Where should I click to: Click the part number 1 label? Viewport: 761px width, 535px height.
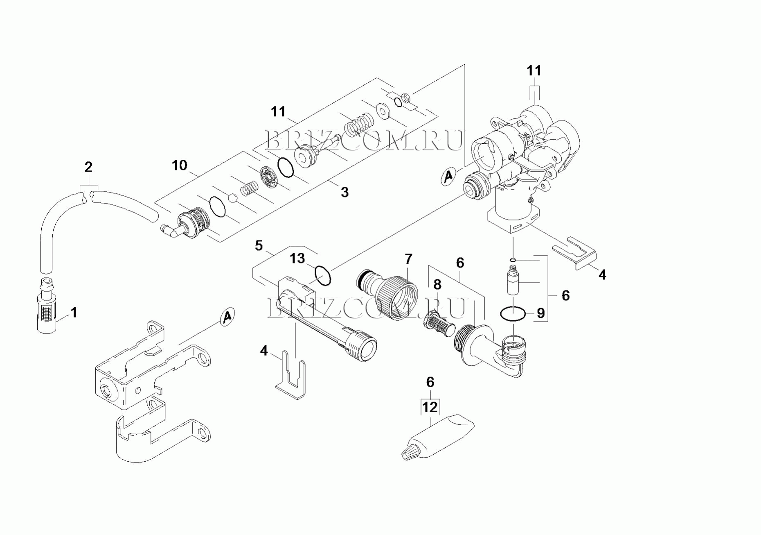74,313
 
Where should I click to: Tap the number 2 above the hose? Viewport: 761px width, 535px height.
88,167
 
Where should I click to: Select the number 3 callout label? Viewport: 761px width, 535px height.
345,192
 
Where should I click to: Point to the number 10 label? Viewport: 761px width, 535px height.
180,165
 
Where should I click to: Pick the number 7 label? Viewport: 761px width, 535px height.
408,259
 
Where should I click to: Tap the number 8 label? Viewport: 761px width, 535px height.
437,284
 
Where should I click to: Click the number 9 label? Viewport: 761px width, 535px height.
541,313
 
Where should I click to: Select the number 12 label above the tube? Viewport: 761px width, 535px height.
430,407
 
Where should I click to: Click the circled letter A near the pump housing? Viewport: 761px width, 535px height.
448,176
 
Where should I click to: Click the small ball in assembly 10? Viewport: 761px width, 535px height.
233,198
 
